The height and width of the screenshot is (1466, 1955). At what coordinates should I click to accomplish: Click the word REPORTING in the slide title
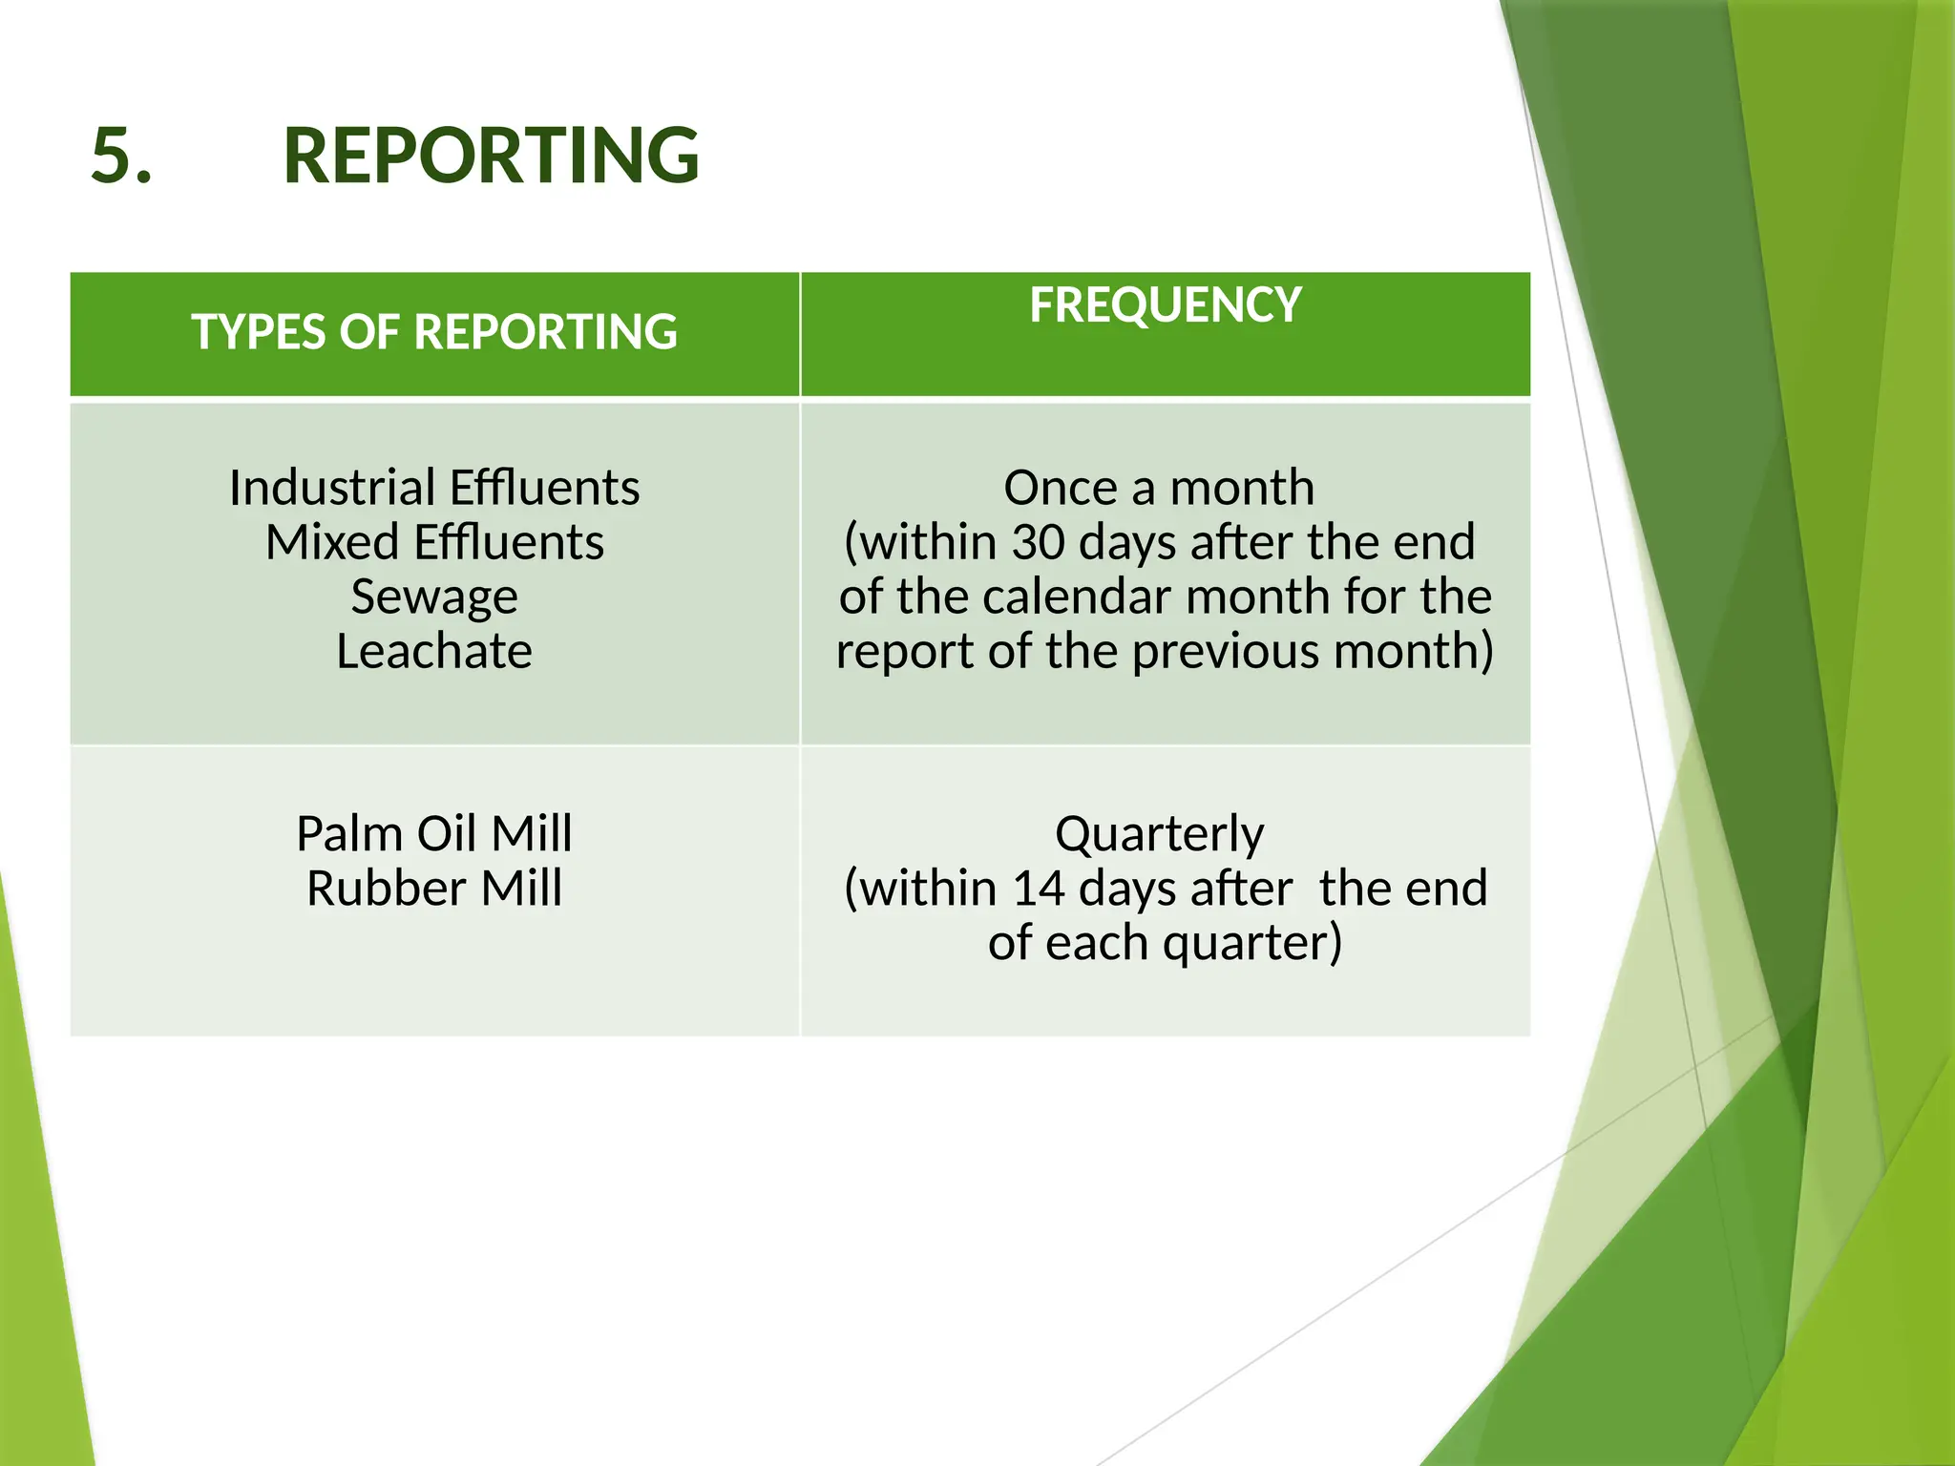click(491, 156)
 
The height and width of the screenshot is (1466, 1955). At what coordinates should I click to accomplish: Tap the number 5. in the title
click(121, 156)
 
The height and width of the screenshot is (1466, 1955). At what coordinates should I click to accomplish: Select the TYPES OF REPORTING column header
click(434, 332)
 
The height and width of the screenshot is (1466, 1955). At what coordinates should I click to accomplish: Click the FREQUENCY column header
click(1165, 305)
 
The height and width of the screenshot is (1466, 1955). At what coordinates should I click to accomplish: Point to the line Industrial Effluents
click(434, 488)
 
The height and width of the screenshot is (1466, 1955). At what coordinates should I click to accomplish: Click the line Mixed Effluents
click(434, 542)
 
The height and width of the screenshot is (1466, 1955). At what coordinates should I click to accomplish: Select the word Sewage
click(434, 597)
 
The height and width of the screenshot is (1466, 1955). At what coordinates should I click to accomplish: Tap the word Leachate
click(434, 651)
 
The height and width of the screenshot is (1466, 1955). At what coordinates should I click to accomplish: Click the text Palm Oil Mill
click(434, 833)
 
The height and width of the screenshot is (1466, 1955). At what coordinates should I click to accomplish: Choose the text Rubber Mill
click(434, 888)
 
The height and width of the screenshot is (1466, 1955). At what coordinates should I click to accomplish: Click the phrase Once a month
click(1159, 488)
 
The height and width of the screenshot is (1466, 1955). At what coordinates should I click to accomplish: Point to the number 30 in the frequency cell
click(1038, 542)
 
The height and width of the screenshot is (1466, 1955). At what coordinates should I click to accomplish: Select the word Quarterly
click(1159, 834)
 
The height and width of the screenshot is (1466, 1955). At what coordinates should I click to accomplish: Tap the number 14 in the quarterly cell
click(1038, 889)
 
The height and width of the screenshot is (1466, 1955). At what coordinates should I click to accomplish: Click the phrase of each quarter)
click(1165, 943)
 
